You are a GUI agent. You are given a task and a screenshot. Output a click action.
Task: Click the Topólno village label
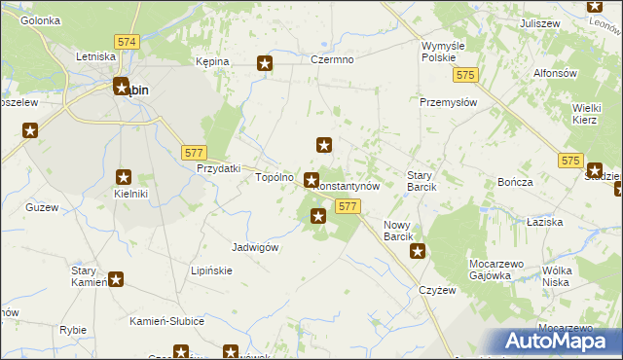click(x=274, y=178)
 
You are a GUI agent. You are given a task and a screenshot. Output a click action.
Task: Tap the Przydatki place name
click(x=218, y=168)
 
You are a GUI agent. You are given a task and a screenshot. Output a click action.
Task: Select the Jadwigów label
click(x=256, y=247)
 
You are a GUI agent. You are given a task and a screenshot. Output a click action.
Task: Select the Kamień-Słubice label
click(x=166, y=321)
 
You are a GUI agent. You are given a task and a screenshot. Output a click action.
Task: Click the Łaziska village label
click(x=545, y=223)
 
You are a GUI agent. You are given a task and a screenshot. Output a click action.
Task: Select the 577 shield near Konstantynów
click(x=348, y=206)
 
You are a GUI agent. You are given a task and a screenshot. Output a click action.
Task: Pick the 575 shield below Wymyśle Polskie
click(x=467, y=75)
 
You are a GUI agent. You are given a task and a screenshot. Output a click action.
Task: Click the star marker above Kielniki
click(x=125, y=177)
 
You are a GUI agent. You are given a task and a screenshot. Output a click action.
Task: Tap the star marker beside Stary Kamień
click(x=116, y=280)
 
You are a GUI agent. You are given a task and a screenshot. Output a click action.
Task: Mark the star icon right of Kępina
click(x=265, y=64)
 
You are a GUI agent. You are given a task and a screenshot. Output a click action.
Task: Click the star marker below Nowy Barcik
click(x=418, y=252)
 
